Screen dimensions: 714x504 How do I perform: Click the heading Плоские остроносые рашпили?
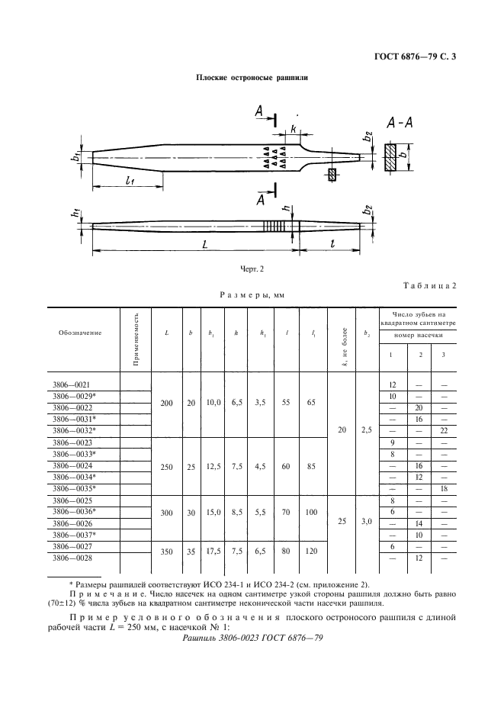pyautogui.click(x=252, y=78)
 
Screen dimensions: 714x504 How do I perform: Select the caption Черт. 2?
pyautogui.click(x=252, y=269)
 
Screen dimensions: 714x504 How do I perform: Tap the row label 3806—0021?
pyautogui.click(x=73, y=385)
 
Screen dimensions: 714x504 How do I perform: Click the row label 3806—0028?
pyautogui.click(x=73, y=558)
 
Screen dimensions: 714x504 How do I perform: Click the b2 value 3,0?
pyautogui.click(x=366, y=523)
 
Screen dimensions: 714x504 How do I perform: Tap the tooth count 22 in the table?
pyautogui.click(x=442, y=430)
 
